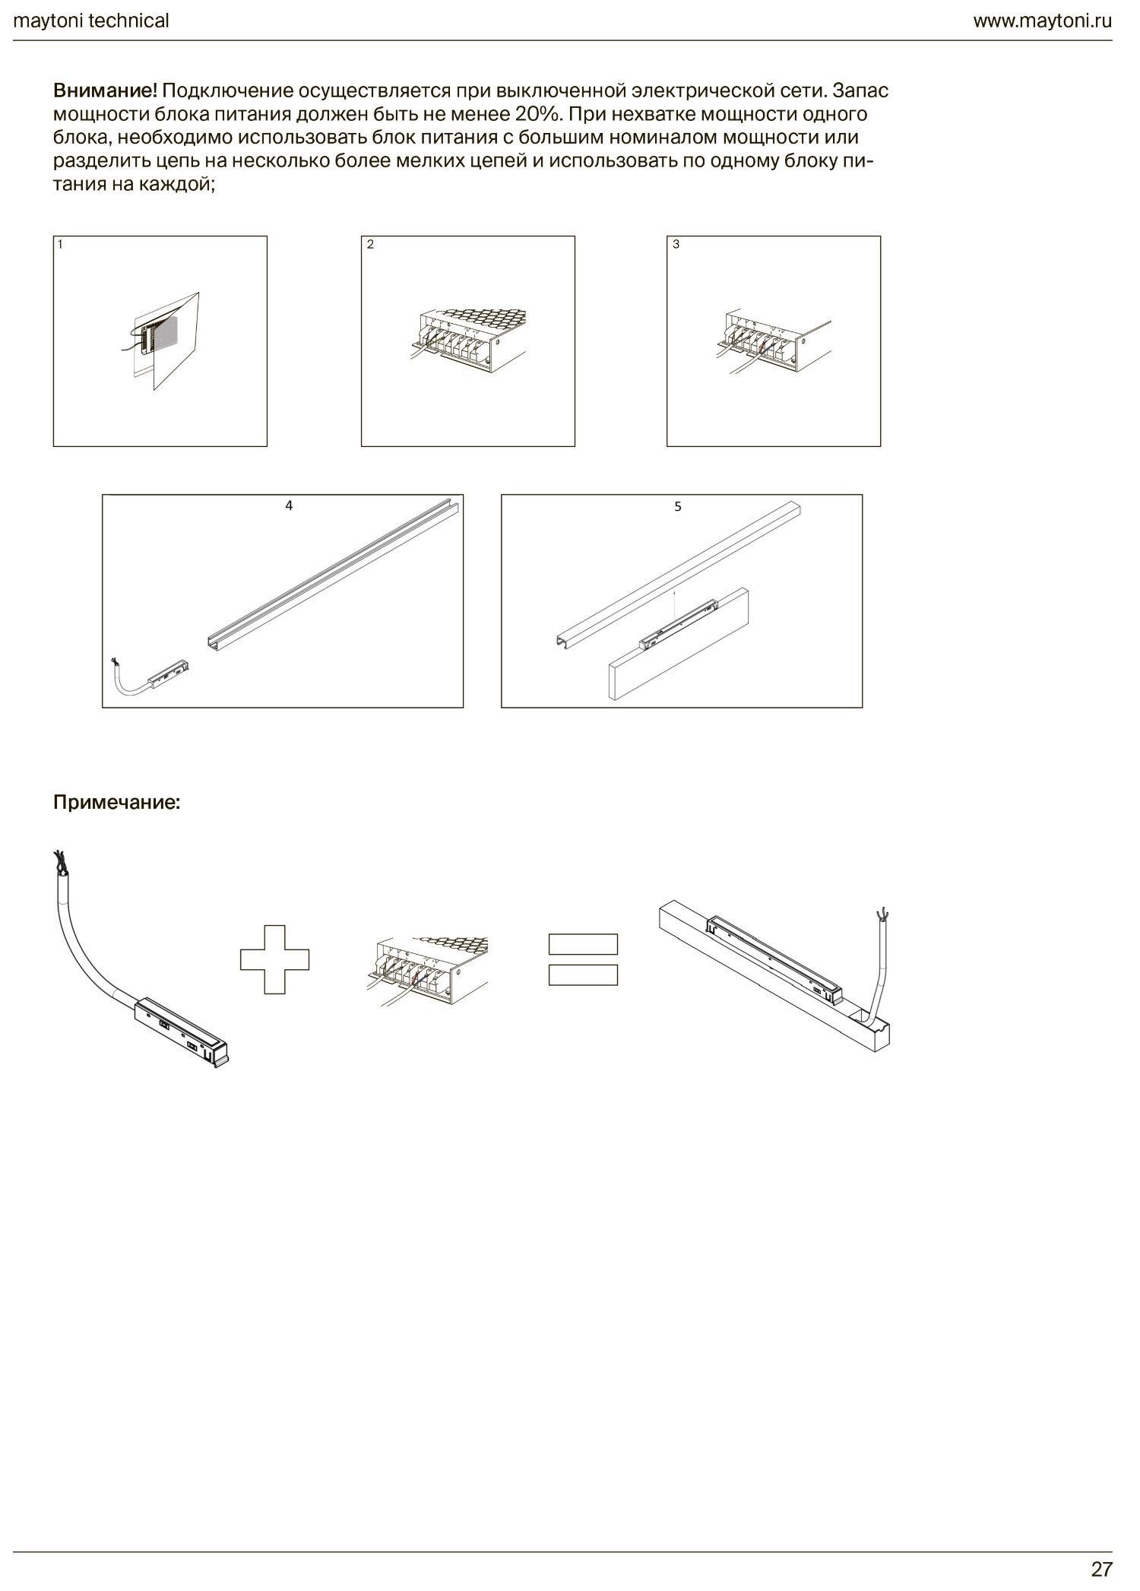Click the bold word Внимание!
point(105,91)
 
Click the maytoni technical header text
point(91,21)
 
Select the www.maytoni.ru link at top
point(1042,21)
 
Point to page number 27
point(1101,1568)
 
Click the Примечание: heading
point(117,803)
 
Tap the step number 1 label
point(60,245)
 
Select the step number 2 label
point(370,245)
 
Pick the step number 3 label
point(676,245)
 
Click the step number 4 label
point(289,506)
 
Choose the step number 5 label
point(678,506)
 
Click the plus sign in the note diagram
point(274,959)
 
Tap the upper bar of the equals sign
point(583,944)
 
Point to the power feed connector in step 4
point(151,675)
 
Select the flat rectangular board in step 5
point(679,644)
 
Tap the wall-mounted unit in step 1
point(161,339)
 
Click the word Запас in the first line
point(860,91)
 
